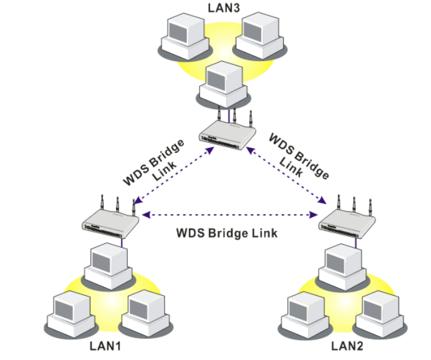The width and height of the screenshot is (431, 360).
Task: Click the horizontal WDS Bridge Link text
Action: click(226, 233)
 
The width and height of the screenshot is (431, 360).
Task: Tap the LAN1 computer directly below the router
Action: click(107, 262)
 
